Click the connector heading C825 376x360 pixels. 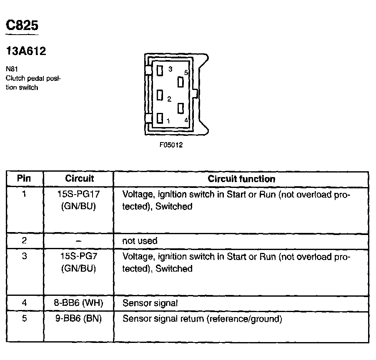click(x=22, y=25)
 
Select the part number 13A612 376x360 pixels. click(x=26, y=51)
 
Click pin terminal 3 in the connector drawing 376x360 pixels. click(x=160, y=71)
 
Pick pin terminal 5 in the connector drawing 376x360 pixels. click(x=180, y=82)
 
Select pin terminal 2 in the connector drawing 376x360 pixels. click(x=160, y=95)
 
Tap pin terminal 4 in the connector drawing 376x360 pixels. click(x=180, y=109)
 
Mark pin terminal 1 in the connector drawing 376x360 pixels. click(x=160, y=119)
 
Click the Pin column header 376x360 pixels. click(x=24, y=179)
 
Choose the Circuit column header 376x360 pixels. click(x=80, y=179)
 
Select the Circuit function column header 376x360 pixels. click(x=241, y=179)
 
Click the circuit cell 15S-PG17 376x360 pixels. click(x=78, y=195)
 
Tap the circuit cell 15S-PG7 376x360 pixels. click(x=78, y=257)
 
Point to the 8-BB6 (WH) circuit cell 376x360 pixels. click(x=78, y=303)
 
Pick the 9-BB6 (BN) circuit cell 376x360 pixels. click(x=78, y=319)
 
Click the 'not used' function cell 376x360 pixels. click(x=140, y=241)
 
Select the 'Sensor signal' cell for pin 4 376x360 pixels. click(x=150, y=303)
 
